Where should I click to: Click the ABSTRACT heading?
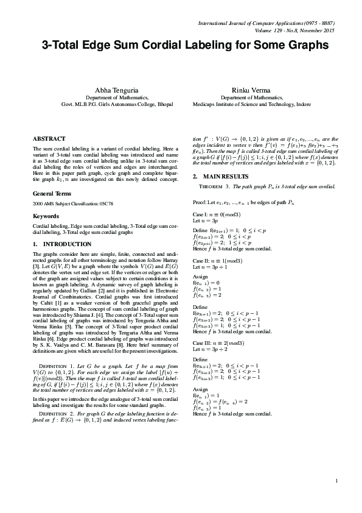point(49,140)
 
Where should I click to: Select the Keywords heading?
point(46,216)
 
